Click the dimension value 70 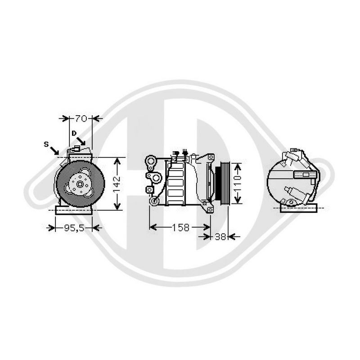[81, 119]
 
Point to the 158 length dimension [180, 228]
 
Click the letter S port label [46, 144]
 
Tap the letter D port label [73, 133]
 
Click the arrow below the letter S [54, 150]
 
